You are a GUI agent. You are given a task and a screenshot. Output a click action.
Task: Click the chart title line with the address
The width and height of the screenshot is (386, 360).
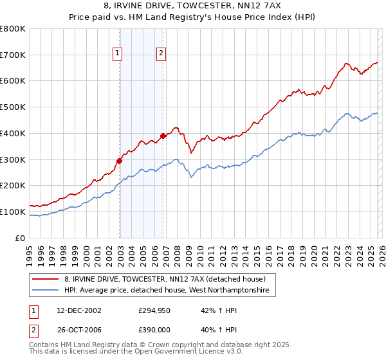[x=192, y=6]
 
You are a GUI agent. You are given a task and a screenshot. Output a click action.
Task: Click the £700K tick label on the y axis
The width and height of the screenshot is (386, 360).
[x=13, y=55]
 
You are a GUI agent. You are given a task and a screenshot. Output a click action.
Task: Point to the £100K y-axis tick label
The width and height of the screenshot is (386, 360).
[x=13, y=212]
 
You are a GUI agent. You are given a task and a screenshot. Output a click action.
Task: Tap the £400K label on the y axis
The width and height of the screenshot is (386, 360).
[x=13, y=134]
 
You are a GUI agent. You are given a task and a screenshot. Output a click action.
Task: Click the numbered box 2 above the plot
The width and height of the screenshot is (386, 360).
[x=161, y=54]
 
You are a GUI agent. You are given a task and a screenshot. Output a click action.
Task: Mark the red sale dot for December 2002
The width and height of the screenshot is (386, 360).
[x=120, y=161]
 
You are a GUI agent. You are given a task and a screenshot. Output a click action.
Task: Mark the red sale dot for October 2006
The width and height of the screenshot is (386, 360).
[x=163, y=136]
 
